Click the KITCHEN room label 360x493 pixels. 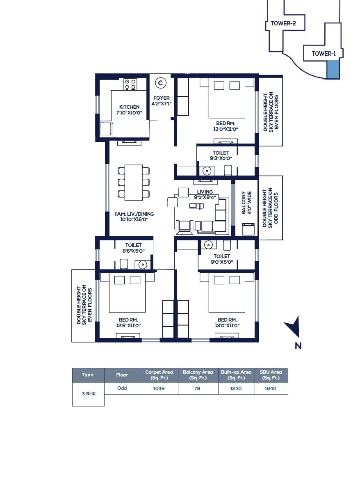(x=129, y=110)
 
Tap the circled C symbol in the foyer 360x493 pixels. (x=161, y=83)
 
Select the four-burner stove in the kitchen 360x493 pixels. (x=130, y=84)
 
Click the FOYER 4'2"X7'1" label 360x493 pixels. (x=161, y=101)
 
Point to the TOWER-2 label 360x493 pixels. (x=283, y=23)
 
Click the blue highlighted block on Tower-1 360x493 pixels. (x=333, y=69)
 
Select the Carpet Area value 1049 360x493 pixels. (x=159, y=388)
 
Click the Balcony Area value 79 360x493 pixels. (x=198, y=388)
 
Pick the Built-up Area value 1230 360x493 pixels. (x=236, y=388)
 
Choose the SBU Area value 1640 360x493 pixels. (x=271, y=388)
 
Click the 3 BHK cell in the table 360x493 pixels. (x=88, y=394)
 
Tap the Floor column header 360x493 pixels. (x=122, y=375)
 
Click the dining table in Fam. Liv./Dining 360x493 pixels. (x=133, y=183)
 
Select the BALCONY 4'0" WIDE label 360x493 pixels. (x=246, y=202)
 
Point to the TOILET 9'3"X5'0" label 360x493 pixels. (x=221, y=155)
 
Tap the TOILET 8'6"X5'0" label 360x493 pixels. (x=133, y=248)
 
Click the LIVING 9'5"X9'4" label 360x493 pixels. (x=205, y=194)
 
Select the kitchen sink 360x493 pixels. (x=106, y=129)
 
